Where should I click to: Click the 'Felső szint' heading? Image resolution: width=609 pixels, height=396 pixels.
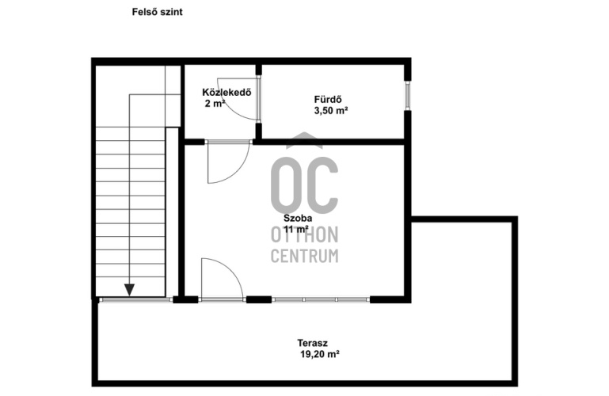coord(157,12)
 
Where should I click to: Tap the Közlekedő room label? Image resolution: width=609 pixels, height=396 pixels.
coord(226,93)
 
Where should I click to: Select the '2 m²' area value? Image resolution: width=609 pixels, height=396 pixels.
coord(215,104)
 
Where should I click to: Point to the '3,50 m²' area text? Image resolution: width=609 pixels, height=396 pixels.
coord(330,111)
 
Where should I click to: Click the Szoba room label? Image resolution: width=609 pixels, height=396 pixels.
coord(298,218)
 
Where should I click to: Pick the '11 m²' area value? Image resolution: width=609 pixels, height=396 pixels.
coord(296,229)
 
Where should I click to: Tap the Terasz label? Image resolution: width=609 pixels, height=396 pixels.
coord(312,343)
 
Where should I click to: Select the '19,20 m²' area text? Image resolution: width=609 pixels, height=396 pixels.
coord(320,354)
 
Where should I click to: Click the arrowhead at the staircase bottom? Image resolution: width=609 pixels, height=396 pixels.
coord(129,290)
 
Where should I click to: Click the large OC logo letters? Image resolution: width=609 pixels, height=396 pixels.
coord(304,185)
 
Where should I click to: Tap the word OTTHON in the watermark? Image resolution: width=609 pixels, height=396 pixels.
coord(304,235)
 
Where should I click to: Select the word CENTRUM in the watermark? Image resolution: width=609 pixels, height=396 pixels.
coord(304,256)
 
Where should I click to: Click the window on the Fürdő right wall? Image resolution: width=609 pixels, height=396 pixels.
coord(407,96)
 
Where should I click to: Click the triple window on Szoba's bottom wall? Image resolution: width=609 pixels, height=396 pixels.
coord(321,299)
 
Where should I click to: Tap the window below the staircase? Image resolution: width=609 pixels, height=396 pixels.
coord(135,299)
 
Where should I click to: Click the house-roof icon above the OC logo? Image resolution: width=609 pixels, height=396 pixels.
coord(304,140)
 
